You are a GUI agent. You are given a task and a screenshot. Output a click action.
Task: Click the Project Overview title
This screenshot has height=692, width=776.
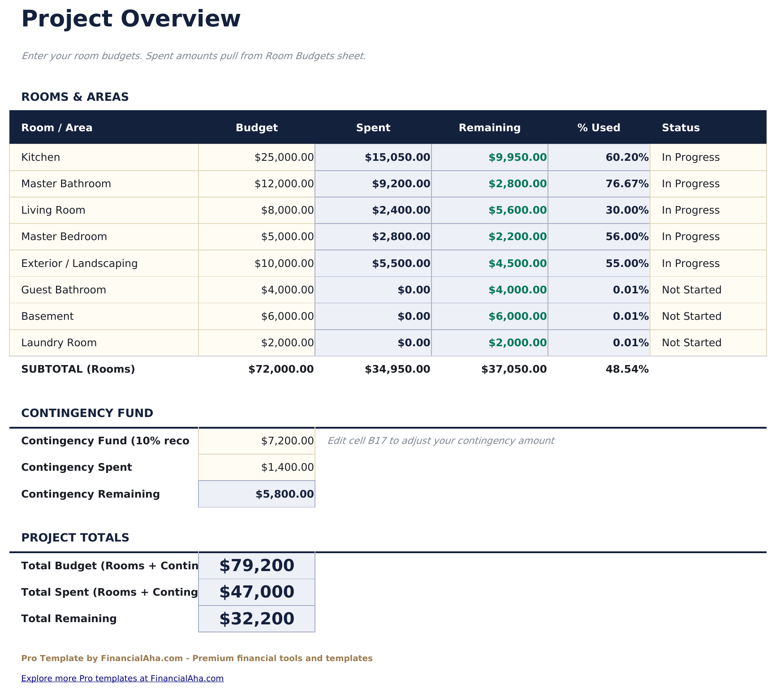pos(131,19)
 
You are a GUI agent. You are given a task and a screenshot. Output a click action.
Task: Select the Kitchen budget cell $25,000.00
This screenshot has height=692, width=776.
pos(284,157)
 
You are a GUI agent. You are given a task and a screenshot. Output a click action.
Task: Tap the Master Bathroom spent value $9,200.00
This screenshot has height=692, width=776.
pos(401,184)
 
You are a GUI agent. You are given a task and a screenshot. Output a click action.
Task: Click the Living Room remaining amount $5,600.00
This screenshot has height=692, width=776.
pos(517,210)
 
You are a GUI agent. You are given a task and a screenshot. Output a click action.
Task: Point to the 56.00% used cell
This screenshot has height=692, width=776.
pos(627,236)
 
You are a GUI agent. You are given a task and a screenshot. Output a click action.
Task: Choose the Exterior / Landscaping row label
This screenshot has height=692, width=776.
pos(79,263)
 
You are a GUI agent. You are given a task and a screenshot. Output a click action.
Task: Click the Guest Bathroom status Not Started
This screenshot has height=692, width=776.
pos(691,290)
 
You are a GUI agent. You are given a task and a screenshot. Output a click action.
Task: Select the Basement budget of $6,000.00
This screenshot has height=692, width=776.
pos(287,316)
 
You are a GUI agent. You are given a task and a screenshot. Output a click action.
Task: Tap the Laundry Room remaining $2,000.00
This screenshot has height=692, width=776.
pos(517,343)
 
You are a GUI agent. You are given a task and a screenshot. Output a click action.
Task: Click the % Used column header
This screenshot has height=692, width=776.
pos(599,128)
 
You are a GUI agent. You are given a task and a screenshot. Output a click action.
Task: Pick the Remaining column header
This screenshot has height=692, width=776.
pos(490,128)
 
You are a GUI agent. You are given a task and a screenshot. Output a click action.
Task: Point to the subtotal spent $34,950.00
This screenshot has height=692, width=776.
pos(397,369)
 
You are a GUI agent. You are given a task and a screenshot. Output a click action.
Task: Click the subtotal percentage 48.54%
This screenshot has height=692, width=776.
pos(627,369)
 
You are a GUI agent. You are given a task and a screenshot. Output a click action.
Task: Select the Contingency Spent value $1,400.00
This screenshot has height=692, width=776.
pos(287,467)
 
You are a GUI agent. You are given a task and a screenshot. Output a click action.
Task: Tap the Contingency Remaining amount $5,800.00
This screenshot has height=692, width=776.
pos(285,494)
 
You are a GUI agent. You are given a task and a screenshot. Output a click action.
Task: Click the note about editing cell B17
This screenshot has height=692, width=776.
pos(440,441)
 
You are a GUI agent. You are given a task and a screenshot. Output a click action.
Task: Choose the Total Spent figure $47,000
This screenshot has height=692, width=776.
pos(257,592)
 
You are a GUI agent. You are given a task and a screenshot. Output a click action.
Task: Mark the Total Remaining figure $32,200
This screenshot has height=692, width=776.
pos(257,619)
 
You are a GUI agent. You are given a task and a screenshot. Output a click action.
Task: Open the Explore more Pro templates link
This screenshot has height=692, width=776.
pos(122,678)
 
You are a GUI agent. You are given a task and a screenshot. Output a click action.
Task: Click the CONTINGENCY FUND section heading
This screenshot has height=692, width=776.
pos(87,413)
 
